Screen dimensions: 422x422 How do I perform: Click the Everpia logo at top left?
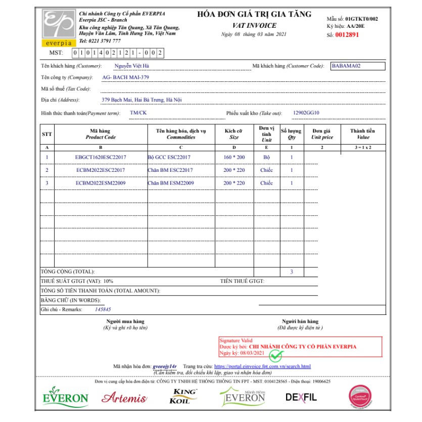coord(59,28)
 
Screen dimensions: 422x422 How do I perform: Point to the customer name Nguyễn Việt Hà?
coord(131,66)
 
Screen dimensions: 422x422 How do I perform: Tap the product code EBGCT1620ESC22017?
coord(101,157)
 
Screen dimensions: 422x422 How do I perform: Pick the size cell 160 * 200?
coord(234,157)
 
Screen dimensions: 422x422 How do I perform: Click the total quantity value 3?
coord(292,272)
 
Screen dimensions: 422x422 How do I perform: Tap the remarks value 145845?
coord(103,309)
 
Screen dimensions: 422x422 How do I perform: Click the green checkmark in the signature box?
coord(276,356)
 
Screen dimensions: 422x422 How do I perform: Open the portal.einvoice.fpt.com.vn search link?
coord(262,366)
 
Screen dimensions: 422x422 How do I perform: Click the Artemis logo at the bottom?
coord(124,398)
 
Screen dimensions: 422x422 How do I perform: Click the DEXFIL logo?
coord(301,397)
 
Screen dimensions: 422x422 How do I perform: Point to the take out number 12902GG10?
coord(306,113)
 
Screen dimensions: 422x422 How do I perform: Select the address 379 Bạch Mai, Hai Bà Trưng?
coord(141,100)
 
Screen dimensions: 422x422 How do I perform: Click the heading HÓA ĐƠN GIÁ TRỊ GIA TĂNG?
coord(254,14)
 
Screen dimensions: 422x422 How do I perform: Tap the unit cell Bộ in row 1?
coord(266,157)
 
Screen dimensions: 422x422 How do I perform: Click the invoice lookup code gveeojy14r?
coord(164,366)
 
